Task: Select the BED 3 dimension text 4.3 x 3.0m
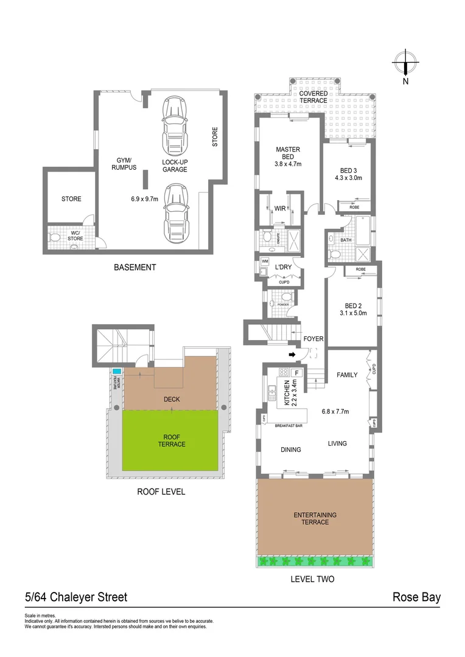tap(348, 178)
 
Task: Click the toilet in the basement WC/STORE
tap(54, 238)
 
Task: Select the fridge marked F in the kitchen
tap(297, 372)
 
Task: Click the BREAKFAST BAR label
tap(289, 425)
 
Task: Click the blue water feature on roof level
tap(116, 370)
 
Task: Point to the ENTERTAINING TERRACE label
tap(315, 518)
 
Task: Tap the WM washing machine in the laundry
tap(264, 261)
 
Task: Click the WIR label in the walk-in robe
tap(280, 209)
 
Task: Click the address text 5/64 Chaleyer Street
tap(76, 597)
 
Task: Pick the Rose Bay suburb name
tap(416, 597)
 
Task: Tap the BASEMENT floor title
tap(135, 267)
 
